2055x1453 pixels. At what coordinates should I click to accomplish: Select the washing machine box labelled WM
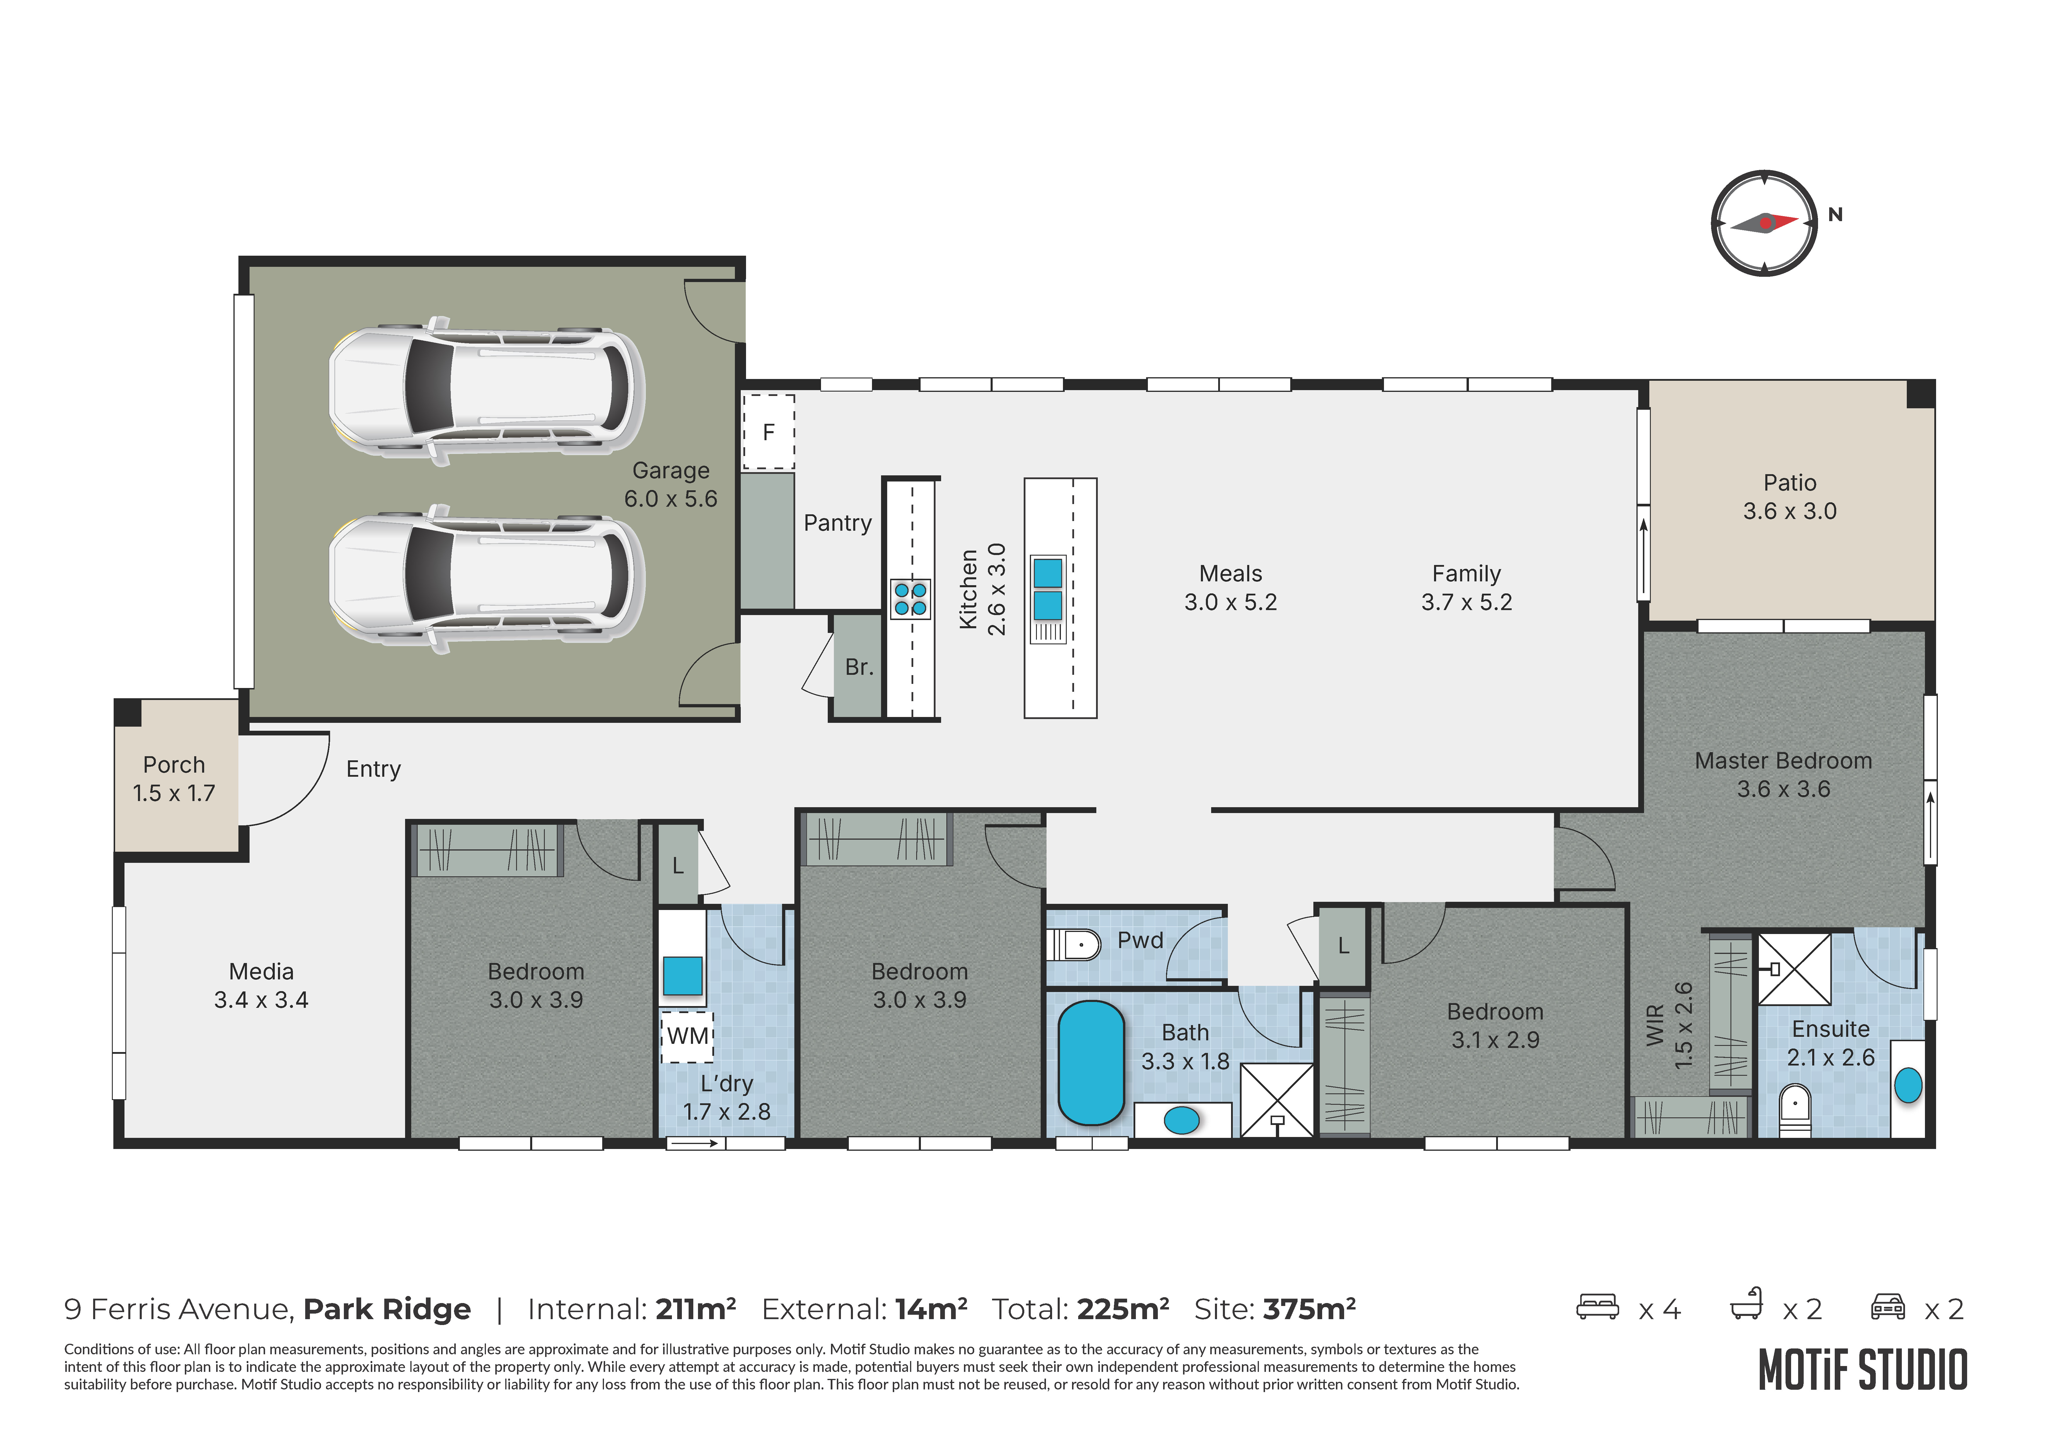click(x=687, y=1037)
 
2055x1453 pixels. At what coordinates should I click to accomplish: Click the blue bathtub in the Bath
click(x=1091, y=1063)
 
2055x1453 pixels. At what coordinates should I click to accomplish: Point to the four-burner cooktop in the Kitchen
click(x=910, y=599)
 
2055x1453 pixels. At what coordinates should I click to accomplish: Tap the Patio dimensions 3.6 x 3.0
click(x=1789, y=511)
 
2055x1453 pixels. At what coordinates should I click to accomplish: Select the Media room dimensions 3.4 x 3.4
click(x=261, y=1000)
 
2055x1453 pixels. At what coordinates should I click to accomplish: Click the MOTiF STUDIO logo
click(x=1863, y=1370)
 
